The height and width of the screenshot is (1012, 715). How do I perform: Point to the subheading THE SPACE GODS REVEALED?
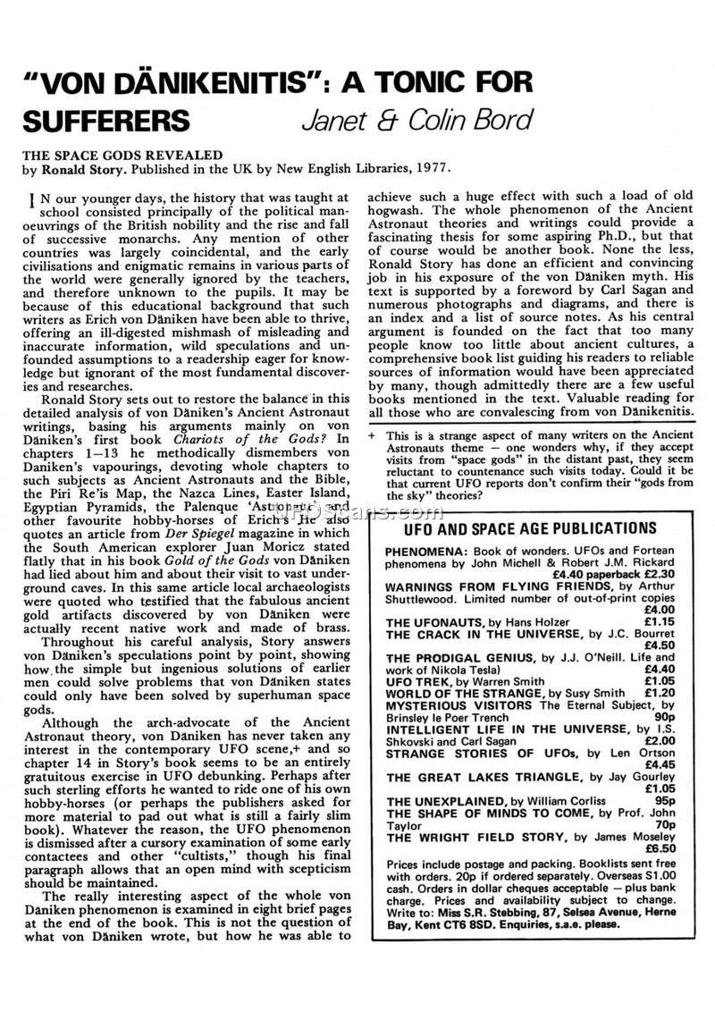122,154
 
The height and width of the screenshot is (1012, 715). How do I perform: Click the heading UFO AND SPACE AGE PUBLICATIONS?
518,528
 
